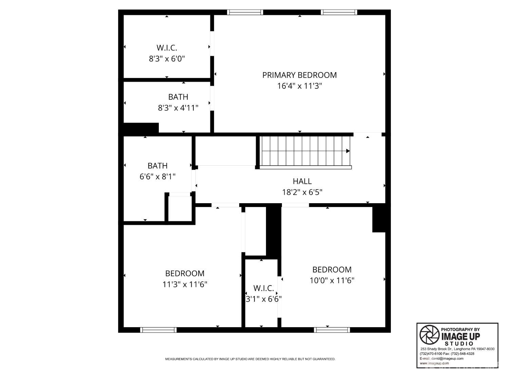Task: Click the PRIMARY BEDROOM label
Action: click(x=299, y=75)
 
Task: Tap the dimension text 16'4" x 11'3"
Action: click(x=299, y=86)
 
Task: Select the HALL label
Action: click(x=302, y=181)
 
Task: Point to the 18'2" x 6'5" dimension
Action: click(x=302, y=192)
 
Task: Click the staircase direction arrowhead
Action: click(x=348, y=151)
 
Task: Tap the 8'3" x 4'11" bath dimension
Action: click(x=178, y=108)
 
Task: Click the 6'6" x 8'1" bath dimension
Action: click(x=157, y=176)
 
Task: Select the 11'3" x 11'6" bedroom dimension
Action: click(x=185, y=284)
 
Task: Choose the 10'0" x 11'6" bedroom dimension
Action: click(x=332, y=280)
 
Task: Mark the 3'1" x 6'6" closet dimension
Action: click(x=263, y=299)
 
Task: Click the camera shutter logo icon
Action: click(x=429, y=335)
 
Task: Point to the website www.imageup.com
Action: click(x=434, y=363)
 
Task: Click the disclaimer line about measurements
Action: click(x=250, y=359)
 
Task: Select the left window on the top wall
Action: click(x=245, y=12)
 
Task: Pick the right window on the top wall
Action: click(x=339, y=12)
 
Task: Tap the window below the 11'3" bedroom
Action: click(x=158, y=330)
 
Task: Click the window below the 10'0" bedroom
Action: click(x=332, y=330)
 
